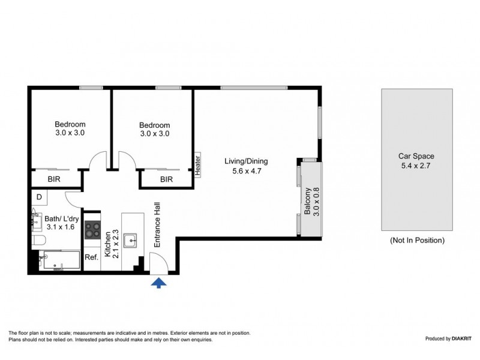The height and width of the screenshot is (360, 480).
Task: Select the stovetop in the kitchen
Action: pos(93,230)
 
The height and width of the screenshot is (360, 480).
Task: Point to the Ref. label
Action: pos(91,257)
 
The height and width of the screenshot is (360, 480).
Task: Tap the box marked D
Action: pos(39,197)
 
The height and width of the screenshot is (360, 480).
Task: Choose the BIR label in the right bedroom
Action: pos(166,179)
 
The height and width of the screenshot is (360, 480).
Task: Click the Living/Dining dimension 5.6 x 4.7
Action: pos(246,171)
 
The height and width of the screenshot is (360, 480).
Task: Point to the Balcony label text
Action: pos(307,202)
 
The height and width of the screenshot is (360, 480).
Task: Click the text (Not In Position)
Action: pos(417,240)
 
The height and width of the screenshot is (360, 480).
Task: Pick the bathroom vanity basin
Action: pos(34,220)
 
